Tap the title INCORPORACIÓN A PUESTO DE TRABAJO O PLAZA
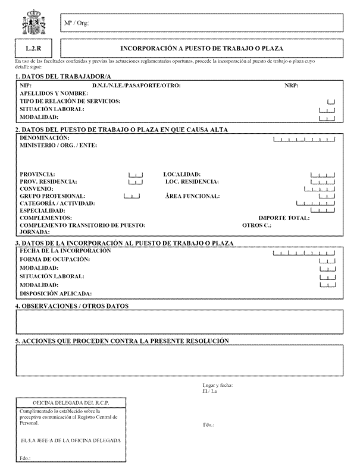[x=202, y=48]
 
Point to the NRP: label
[x=292, y=86]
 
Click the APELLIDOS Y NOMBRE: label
[x=54, y=93]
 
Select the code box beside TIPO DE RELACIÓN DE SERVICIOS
[x=331, y=102]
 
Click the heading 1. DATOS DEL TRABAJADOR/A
[x=63, y=76]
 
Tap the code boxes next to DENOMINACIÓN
[x=304, y=140]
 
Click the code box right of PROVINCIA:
[x=136, y=175]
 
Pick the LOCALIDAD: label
[x=182, y=174]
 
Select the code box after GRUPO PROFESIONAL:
[x=132, y=196]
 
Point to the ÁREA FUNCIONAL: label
[x=193, y=196]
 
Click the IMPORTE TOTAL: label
[x=284, y=218]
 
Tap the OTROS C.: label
[x=257, y=226]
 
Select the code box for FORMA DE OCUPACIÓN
[x=327, y=260]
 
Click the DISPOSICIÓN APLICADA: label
[x=56, y=293]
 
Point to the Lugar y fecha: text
[x=218, y=385]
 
